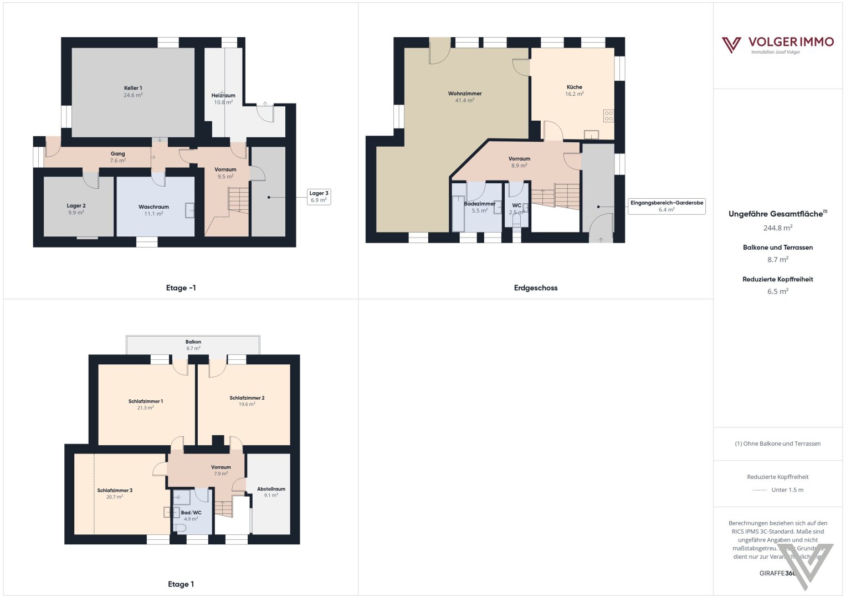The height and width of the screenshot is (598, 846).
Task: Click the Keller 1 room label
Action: tap(133, 88)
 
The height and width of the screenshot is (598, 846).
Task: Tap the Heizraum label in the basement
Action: tap(223, 95)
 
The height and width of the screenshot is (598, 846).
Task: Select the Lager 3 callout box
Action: tap(319, 197)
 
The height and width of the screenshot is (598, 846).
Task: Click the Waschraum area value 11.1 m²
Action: tap(153, 214)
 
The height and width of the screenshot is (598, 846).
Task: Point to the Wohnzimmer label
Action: tap(465, 94)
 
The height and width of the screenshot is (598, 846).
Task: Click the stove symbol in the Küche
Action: tap(608, 116)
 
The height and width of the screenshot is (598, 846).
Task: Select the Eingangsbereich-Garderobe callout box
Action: tap(666, 206)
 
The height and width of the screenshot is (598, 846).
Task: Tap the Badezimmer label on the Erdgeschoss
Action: tap(480, 204)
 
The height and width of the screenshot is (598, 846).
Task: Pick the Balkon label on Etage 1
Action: tap(193, 342)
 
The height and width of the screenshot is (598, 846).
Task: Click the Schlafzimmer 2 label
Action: tap(247, 398)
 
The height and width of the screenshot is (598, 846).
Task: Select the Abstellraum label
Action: tap(271, 489)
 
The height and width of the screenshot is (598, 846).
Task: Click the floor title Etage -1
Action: tap(181, 288)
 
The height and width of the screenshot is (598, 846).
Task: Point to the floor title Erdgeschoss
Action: tap(535, 288)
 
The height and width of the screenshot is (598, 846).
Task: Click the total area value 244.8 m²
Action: tap(777, 228)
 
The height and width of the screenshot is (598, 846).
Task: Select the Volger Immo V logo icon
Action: tap(731, 44)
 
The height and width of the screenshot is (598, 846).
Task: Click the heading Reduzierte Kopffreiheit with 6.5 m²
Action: tap(777, 280)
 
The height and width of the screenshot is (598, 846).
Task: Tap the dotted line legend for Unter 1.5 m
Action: tap(760, 490)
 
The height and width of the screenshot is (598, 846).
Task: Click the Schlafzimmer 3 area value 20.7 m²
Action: tap(115, 497)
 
